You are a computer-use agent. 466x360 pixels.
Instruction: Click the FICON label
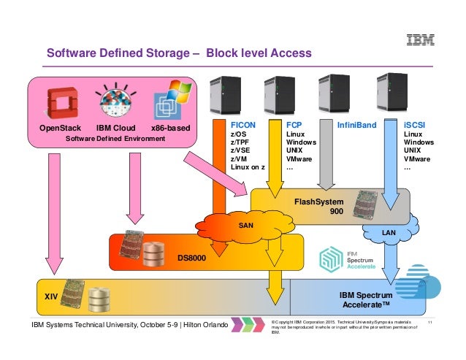pyautogui.click(x=243, y=125)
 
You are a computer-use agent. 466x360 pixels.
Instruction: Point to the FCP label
pyautogui.click(x=294, y=125)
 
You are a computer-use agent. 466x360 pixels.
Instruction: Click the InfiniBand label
pyautogui.click(x=356, y=125)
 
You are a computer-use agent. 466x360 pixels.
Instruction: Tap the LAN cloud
pyautogui.click(x=389, y=232)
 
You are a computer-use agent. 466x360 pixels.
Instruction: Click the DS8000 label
pyautogui.click(x=193, y=257)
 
